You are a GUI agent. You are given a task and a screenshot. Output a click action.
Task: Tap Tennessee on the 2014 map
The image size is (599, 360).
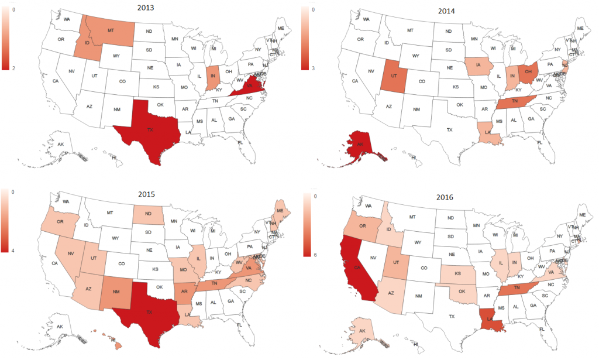514,101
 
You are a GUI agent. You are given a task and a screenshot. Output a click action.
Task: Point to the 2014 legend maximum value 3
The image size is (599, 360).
314,68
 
